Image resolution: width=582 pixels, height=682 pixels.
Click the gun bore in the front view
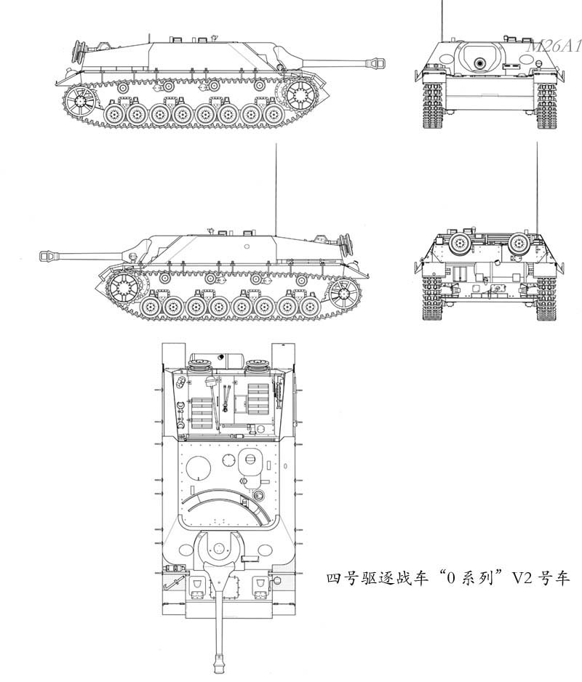click(479, 64)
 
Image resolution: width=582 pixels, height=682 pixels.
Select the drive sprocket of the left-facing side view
click(122, 287)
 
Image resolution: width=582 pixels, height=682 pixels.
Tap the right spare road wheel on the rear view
click(519, 242)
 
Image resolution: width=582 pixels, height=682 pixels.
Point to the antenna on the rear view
click(538, 189)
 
